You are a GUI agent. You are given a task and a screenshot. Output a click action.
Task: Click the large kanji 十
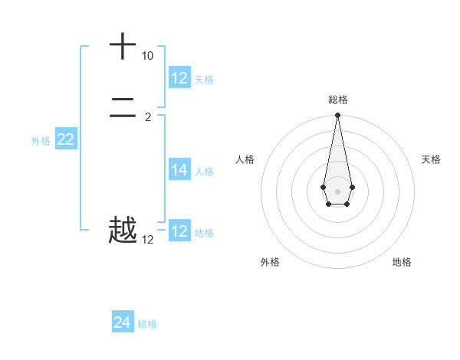(x=123, y=47)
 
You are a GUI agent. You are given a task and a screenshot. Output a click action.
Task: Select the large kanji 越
(x=123, y=230)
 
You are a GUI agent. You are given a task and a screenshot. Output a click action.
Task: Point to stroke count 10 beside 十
(x=147, y=56)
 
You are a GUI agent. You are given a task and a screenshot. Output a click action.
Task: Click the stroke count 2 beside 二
(x=147, y=117)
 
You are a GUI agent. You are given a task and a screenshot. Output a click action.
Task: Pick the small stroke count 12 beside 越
(x=147, y=240)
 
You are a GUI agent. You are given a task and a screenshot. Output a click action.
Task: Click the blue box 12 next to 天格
(x=179, y=77)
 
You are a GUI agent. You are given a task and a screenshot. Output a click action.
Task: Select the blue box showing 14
(x=179, y=170)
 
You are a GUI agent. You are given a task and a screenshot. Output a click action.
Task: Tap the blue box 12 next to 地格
(x=179, y=231)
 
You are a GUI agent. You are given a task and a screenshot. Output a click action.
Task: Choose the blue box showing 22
(x=66, y=139)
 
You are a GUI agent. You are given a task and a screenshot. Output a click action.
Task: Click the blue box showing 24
(x=123, y=322)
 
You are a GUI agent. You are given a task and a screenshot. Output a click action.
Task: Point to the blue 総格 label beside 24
(x=147, y=324)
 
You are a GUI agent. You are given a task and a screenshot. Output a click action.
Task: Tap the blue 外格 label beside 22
(x=41, y=141)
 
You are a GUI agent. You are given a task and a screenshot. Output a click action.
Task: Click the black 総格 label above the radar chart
(x=337, y=100)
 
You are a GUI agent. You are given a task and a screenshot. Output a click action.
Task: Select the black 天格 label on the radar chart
(x=431, y=159)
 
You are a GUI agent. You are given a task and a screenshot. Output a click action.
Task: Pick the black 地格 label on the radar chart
(x=402, y=262)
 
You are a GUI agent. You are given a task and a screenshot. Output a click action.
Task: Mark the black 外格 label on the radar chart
(x=270, y=262)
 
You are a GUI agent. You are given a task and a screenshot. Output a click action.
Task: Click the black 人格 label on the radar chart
(x=245, y=159)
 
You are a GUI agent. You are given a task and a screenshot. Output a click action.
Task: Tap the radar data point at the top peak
(x=337, y=116)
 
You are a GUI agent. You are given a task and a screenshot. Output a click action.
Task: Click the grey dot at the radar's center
(x=337, y=191)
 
